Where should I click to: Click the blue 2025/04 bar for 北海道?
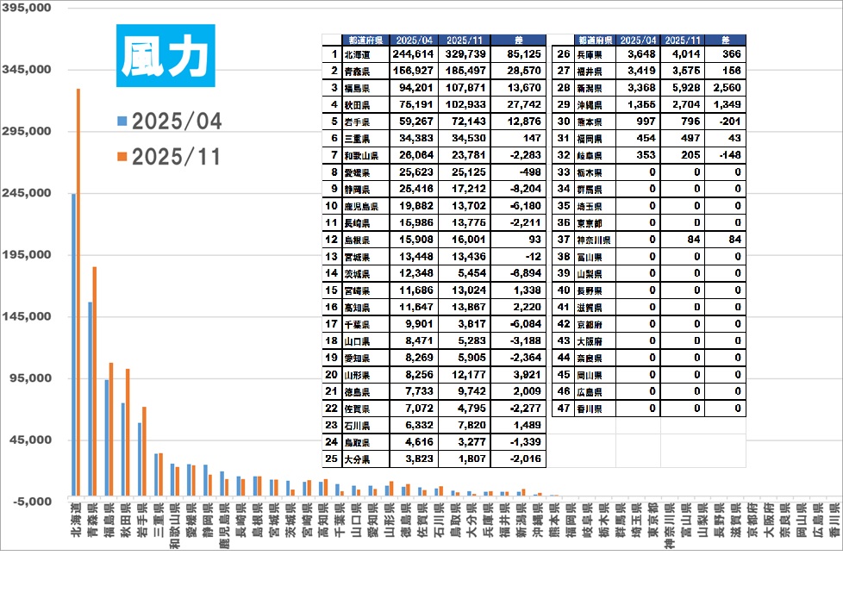click(x=73, y=345)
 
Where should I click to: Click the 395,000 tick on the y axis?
click(x=28, y=7)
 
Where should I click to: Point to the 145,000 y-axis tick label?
click(x=28, y=316)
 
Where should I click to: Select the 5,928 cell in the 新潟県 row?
click(x=682, y=88)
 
